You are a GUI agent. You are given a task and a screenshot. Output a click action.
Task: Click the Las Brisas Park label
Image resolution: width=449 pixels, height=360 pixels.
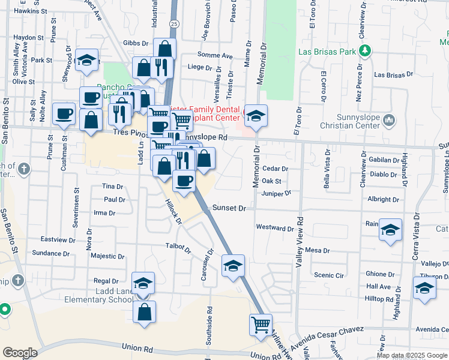[327, 52]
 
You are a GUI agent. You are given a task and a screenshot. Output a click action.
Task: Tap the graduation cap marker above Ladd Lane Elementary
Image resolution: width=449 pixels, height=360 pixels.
[143, 284]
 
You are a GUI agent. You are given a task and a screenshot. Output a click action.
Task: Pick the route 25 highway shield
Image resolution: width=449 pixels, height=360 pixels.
[173, 23]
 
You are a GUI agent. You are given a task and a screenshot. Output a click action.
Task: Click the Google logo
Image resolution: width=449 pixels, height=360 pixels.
[20, 353]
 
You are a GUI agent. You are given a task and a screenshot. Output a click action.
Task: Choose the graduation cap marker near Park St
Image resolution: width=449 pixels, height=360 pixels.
[88, 61]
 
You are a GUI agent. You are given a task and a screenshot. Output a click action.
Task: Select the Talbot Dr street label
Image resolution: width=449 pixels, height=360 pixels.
[178, 245]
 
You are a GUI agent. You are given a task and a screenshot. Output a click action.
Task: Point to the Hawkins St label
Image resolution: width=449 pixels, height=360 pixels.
[31, 11]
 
